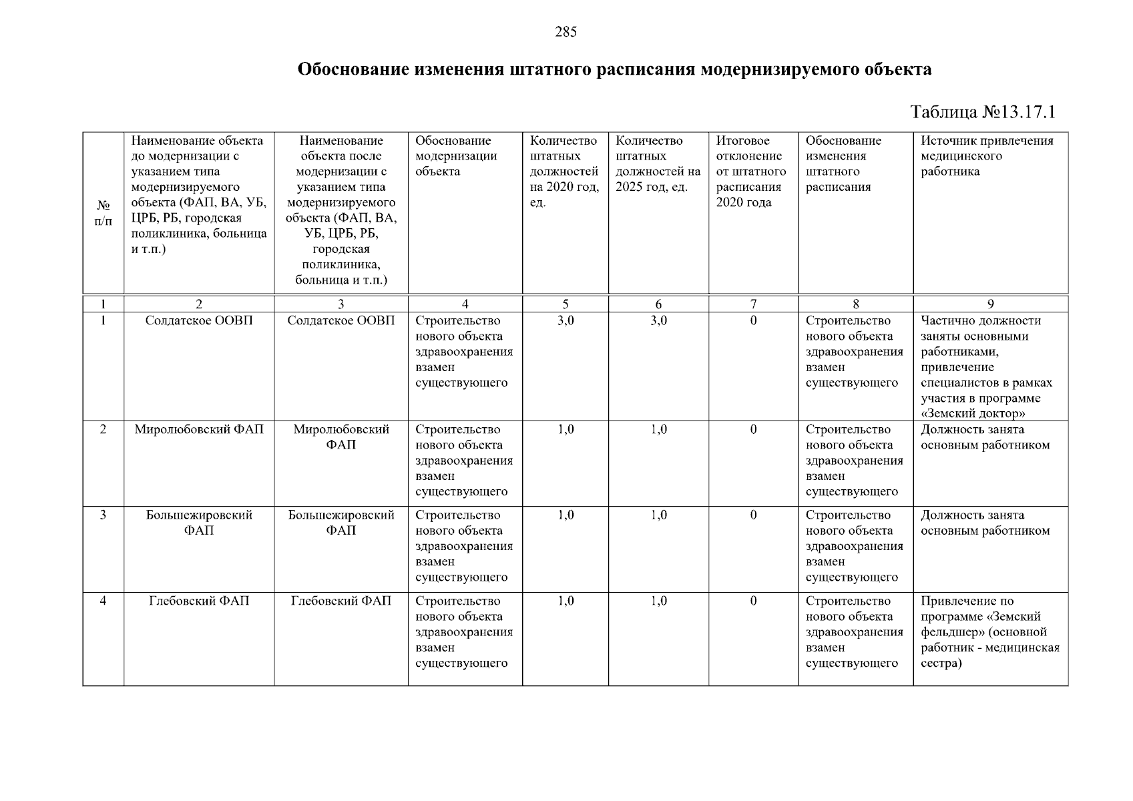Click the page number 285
click(x=565, y=32)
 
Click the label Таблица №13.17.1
click(x=983, y=111)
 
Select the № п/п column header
click(x=103, y=213)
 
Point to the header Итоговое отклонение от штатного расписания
click(x=751, y=172)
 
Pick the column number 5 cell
click(x=565, y=304)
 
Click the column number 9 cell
click(x=990, y=304)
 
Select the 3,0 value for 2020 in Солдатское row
click(x=565, y=321)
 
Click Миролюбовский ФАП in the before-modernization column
click(x=199, y=430)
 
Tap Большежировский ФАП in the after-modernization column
click(x=341, y=523)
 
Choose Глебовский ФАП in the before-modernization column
click(x=199, y=601)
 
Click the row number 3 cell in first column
click(x=103, y=515)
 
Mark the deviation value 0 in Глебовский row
click(x=753, y=601)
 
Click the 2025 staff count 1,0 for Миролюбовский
click(x=658, y=430)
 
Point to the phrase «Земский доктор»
click(x=973, y=414)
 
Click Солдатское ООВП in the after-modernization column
click(x=341, y=321)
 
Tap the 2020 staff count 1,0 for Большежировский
click(x=565, y=515)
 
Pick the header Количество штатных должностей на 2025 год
click(x=658, y=164)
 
